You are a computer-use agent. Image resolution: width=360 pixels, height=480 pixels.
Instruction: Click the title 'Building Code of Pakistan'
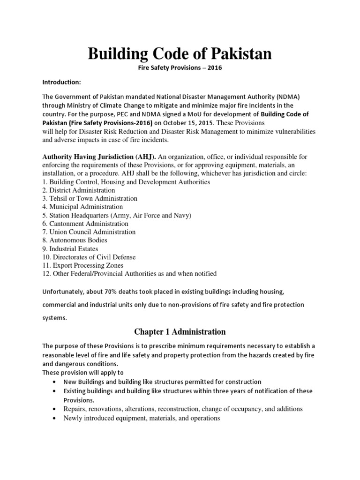point(180,54)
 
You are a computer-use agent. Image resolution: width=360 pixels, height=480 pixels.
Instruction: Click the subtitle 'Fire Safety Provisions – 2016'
point(180,68)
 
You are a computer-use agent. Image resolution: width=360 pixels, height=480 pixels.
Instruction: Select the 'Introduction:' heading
point(62,82)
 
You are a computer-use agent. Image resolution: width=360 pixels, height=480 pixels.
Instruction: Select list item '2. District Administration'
point(79,190)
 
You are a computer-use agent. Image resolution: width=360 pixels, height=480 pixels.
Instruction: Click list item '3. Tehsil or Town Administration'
point(90,198)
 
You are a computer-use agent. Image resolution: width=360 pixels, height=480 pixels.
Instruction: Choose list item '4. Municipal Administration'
point(82,207)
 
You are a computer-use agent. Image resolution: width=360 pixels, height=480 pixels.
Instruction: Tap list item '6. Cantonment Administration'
point(85,224)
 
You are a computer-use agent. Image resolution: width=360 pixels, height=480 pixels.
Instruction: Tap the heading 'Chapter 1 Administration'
point(180,332)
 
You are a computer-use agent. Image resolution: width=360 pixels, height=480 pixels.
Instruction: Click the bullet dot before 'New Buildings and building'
point(56,382)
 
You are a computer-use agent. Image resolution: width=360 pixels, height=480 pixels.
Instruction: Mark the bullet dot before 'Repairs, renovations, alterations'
point(56,409)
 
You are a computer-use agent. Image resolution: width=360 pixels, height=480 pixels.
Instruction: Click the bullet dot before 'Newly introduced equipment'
point(56,418)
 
